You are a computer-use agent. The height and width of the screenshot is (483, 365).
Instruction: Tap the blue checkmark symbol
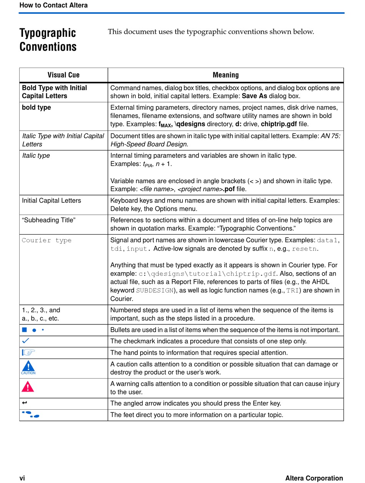coord(26,341)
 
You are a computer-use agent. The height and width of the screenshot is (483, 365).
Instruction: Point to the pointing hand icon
coord(28,352)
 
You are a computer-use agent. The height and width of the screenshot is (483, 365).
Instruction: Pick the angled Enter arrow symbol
coord(25,403)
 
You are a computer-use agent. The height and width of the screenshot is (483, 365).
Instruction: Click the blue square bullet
coord(24,330)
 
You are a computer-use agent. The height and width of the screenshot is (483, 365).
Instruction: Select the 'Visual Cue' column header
coord(63,75)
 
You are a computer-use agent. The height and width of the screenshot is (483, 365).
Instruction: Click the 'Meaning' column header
coord(226,75)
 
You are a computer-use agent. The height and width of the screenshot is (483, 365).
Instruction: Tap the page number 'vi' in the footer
coord(22,478)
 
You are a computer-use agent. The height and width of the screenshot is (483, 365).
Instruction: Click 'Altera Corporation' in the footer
coord(314,478)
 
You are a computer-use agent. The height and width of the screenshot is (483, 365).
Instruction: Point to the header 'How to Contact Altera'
coord(53,5)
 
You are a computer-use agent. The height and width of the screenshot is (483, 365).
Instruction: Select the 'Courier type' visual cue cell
coord(46,240)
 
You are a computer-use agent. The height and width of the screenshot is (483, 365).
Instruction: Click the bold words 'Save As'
coord(254,96)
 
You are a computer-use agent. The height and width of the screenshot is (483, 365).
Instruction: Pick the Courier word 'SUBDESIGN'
coord(155,291)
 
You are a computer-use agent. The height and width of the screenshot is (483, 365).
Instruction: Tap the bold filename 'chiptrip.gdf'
coord(279,124)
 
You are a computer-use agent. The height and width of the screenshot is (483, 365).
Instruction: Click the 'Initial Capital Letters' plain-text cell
coord(51,200)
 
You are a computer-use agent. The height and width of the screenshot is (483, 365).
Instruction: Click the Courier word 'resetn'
coord(304,249)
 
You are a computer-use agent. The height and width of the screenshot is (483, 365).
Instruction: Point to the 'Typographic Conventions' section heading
coord(48,40)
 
